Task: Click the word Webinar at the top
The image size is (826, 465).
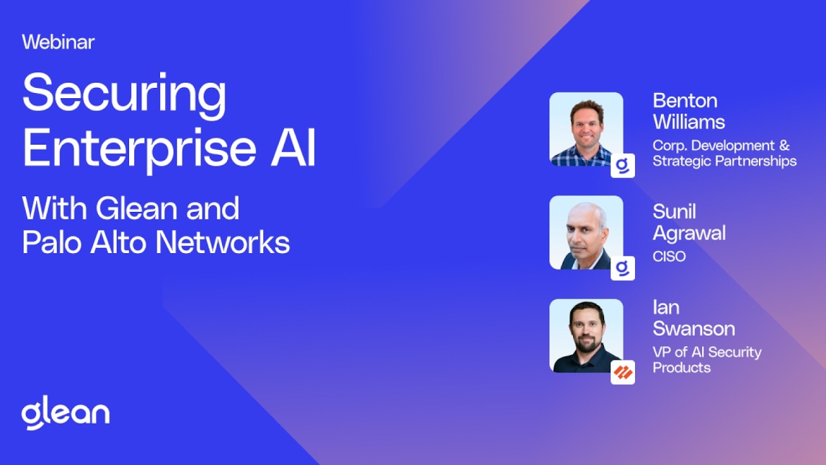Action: click(x=58, y=42)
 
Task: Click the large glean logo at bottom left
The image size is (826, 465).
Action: click(x=66, y=413)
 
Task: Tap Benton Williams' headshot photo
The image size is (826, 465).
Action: click(x=587, y=129)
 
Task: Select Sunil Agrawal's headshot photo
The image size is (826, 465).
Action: click(x=587, y=232)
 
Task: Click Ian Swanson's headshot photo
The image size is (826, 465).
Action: click(x=587, y=336)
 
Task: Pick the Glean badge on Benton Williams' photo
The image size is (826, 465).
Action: click(x=623, y=166)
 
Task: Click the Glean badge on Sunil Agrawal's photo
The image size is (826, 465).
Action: click(x=623, y=268)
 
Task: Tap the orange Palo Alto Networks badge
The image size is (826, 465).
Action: click(x=623, y=373)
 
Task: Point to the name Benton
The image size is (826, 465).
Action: click(x=685, y=101)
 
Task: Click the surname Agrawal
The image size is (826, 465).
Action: click(x=689, y=234)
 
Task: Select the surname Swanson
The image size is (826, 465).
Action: click(x=694, y=329)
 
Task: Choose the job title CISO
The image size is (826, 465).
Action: click(x=669, y=256)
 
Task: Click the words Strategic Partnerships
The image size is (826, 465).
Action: click(x=725, y=161)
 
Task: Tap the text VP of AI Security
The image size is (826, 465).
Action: click(x=707, y=353)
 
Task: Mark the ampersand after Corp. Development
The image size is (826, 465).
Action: click(x=784, y=145)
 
